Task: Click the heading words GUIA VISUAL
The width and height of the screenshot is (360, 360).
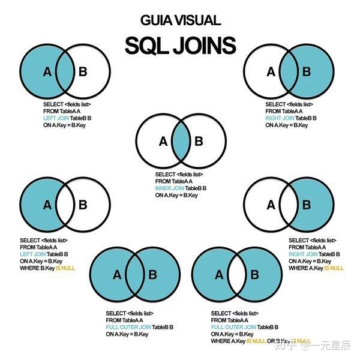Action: point(180,20)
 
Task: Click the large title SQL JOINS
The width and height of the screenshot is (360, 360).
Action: point(180,45)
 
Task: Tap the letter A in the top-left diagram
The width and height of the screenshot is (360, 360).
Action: point(47,73)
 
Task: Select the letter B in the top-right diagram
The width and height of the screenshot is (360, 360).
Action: point(306,73)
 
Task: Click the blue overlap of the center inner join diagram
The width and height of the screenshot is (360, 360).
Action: point(181,142)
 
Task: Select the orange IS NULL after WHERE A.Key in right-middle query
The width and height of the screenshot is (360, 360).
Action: point(334,268)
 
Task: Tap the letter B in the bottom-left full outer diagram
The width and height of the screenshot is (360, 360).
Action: point(152,275)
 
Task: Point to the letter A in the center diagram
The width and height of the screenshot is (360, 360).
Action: point(163,142)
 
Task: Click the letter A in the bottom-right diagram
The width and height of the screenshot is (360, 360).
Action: point(218,275)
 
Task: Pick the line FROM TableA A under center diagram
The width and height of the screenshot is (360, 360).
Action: point(173,181)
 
